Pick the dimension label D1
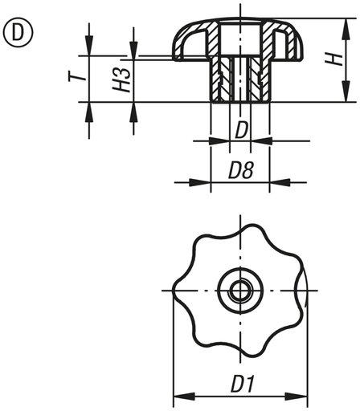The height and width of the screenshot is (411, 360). coord(240,385)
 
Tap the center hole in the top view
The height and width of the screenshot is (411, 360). coord(239,290)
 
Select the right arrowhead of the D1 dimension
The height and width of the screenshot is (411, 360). coord(303,395)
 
